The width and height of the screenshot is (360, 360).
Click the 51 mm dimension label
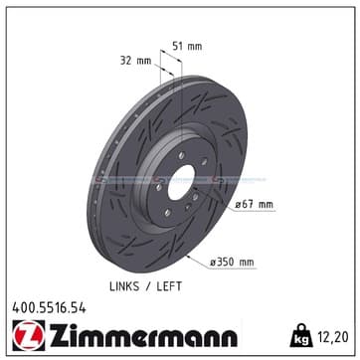coord(187,46)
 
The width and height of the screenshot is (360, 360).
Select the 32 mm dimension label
coord(135,61)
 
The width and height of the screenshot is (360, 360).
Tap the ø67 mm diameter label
coord(255,205)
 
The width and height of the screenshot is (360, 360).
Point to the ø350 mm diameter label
coord(232,263)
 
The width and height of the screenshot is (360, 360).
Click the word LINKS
coord(124,286)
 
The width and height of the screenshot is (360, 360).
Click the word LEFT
coord(169,286)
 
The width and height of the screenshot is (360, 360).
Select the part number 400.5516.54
coord(49,308)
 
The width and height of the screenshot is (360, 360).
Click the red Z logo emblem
coord(29,335)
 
